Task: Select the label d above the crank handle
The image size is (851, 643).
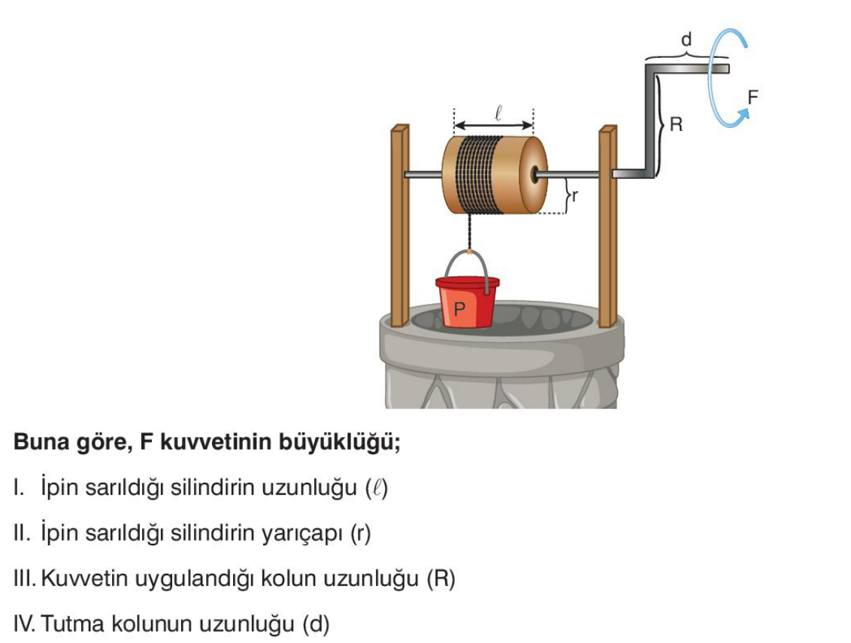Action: click(x=686, y=40)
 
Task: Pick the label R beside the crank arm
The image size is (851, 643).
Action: click(x=676, y=125)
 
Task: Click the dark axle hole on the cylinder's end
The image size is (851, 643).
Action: click(x=533, y=174)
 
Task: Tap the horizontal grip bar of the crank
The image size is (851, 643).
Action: click(x=692, y=68)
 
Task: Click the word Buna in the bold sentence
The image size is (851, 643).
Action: click(x=38, y=443)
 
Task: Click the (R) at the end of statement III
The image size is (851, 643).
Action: click(x=441, y=579)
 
